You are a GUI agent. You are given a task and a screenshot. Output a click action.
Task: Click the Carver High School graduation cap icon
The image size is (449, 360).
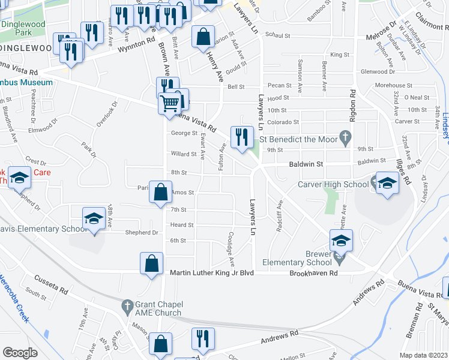pos(387,182)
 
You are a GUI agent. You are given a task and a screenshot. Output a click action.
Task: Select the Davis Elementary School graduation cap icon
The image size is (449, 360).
pos(93,220)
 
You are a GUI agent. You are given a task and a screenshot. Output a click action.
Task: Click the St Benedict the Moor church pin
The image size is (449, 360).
pos(345,139)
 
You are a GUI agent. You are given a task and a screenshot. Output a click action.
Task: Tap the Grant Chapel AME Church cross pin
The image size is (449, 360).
pos(126,306)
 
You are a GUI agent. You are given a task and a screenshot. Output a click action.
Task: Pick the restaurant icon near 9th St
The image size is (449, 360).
pos(242,137)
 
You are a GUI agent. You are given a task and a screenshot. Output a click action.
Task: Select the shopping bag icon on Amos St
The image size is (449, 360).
pos(161,194)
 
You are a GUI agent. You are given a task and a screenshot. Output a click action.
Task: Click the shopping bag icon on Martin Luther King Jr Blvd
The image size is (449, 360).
pos(152,263)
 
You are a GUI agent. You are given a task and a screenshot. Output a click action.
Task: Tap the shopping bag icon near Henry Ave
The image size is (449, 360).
pos(203,36)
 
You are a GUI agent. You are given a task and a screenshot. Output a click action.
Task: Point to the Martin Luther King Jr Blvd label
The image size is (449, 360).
pos(212,273)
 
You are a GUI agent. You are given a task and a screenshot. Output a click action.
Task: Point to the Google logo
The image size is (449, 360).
pos(20,352)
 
